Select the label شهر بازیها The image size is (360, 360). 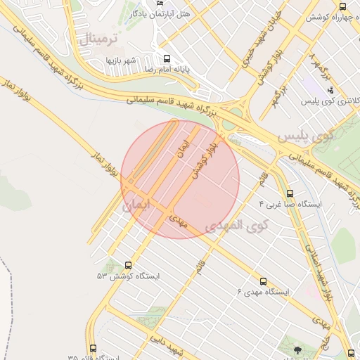120,60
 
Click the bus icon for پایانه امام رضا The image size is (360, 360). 167,59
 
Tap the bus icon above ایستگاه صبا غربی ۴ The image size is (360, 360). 290,193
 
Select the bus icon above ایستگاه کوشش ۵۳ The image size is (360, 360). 128,265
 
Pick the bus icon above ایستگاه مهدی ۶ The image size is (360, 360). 264,281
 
